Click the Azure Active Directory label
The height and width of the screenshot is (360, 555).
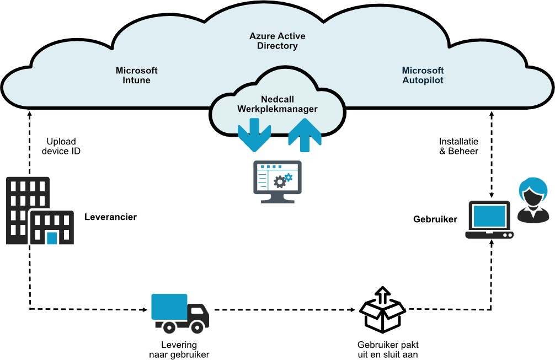277,41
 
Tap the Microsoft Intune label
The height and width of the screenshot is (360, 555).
136,76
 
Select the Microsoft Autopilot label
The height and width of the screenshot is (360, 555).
423,76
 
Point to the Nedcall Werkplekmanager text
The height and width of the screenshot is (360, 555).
277,104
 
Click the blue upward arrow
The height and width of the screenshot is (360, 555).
305,136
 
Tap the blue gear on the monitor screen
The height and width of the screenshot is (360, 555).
288,177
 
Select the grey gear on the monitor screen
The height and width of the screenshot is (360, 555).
280,182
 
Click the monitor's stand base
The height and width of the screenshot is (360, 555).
277,200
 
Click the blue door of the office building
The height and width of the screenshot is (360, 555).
52,238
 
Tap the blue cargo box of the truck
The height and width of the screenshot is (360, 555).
169,307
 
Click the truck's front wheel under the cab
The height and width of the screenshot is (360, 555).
197,327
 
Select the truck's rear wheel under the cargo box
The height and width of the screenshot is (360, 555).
169,327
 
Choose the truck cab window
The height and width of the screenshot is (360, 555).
198,310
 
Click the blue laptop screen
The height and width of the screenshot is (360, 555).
489,216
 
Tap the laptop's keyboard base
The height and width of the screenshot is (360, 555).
489,235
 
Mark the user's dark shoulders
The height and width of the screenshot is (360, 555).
533,216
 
